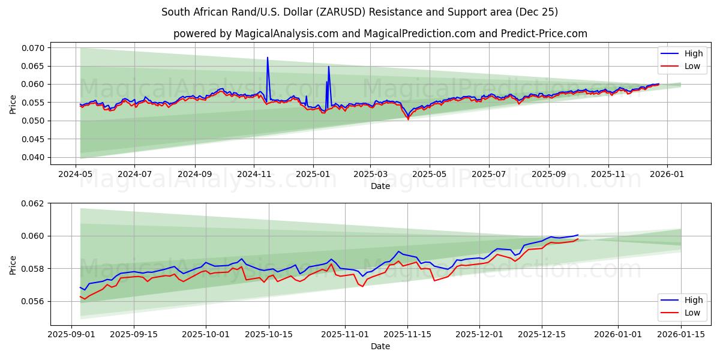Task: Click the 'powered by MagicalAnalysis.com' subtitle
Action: click(x=380, y=34)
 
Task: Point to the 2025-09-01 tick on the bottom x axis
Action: click(x=71, y=335)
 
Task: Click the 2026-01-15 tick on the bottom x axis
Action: click(x=681, y=335)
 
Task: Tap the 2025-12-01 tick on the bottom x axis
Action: click(x=479, y=335)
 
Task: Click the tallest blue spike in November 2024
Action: click(x=268, y=58)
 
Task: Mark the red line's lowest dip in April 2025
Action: click(x=409, y=119)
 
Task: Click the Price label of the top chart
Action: click(x=13, y=104)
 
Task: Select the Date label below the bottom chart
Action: click(x=380, y=346)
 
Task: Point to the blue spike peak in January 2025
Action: click(x=329, y=67)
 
